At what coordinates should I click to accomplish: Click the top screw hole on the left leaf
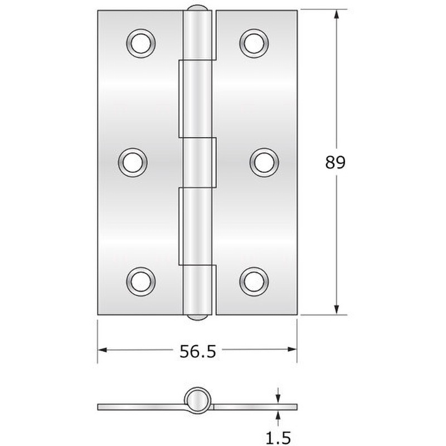[141, 43]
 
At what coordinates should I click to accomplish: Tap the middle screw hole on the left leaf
[133, 163]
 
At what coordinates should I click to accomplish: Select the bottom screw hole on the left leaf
[141, 282]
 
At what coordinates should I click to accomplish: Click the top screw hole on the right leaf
[254, 43]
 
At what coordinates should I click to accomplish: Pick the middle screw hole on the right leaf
[264, 163]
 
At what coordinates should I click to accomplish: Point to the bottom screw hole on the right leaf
[254, 282]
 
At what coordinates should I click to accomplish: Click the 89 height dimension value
[336, 163]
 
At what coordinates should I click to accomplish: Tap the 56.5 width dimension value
[198, 351]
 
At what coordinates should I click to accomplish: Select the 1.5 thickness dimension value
[278, 438]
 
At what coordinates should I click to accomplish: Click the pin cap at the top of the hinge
[197, 8]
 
